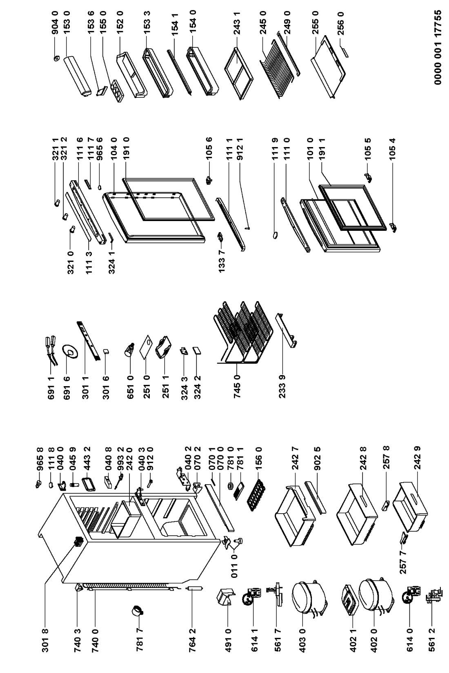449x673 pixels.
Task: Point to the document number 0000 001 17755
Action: tap(438, 47)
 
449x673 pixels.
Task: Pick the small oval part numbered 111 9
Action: tap(276, 235)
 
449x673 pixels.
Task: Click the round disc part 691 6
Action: tap(70, 351)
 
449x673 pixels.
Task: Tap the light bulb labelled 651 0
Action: tap(130, 349)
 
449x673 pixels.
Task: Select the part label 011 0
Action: tap(234, 566)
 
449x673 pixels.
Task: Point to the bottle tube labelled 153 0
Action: tap(77, 76)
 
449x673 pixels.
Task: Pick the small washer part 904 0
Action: tap(56, 58)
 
